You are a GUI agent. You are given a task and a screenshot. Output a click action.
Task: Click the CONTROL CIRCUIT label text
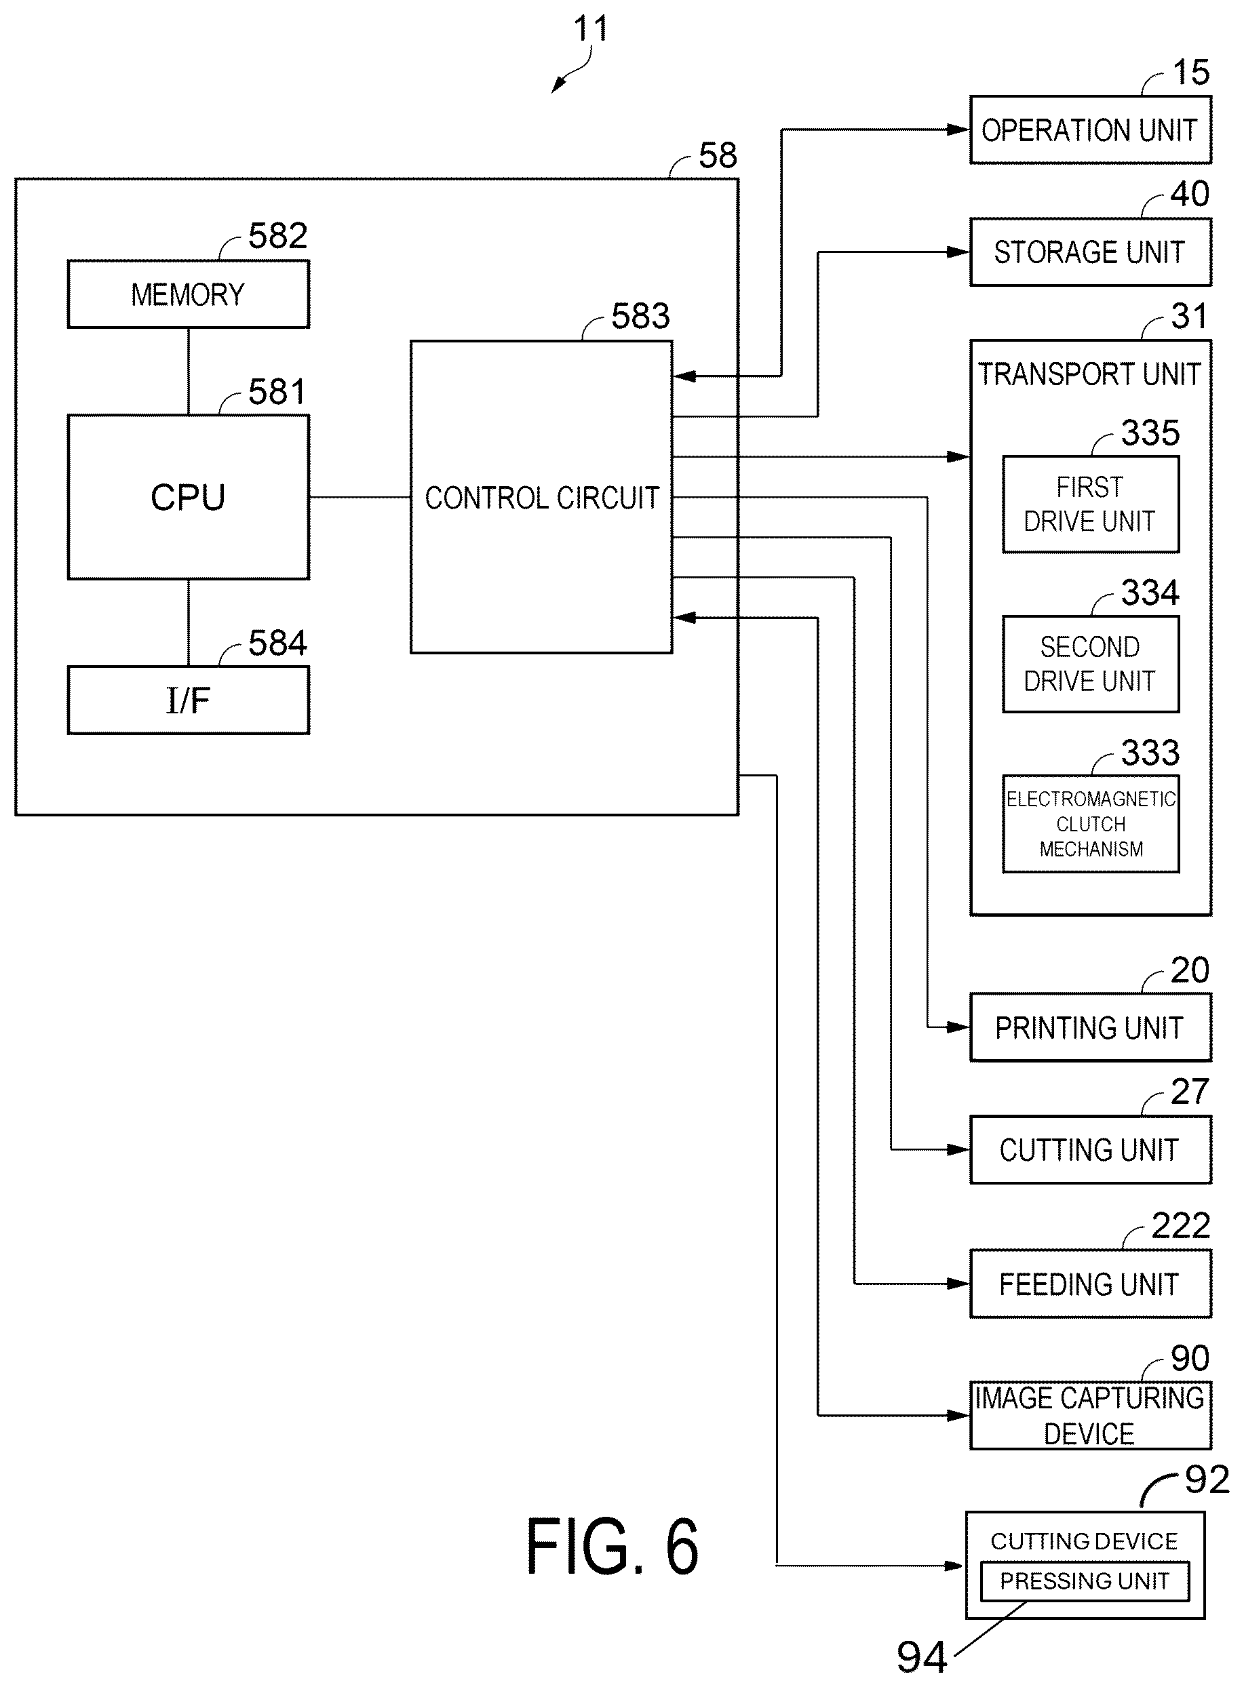pos(541,498)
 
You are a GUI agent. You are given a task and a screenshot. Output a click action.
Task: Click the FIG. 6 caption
pos(613,1546)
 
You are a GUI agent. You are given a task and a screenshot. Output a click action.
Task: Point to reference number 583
pos(640,316)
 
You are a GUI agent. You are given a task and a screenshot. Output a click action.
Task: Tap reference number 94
pos(922,1658)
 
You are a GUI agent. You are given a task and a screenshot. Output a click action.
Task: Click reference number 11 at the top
pos(591,28)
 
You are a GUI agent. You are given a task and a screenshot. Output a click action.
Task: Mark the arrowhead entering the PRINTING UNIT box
pos(958,1027)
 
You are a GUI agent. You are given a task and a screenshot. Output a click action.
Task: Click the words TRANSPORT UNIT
pos(1089,374)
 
